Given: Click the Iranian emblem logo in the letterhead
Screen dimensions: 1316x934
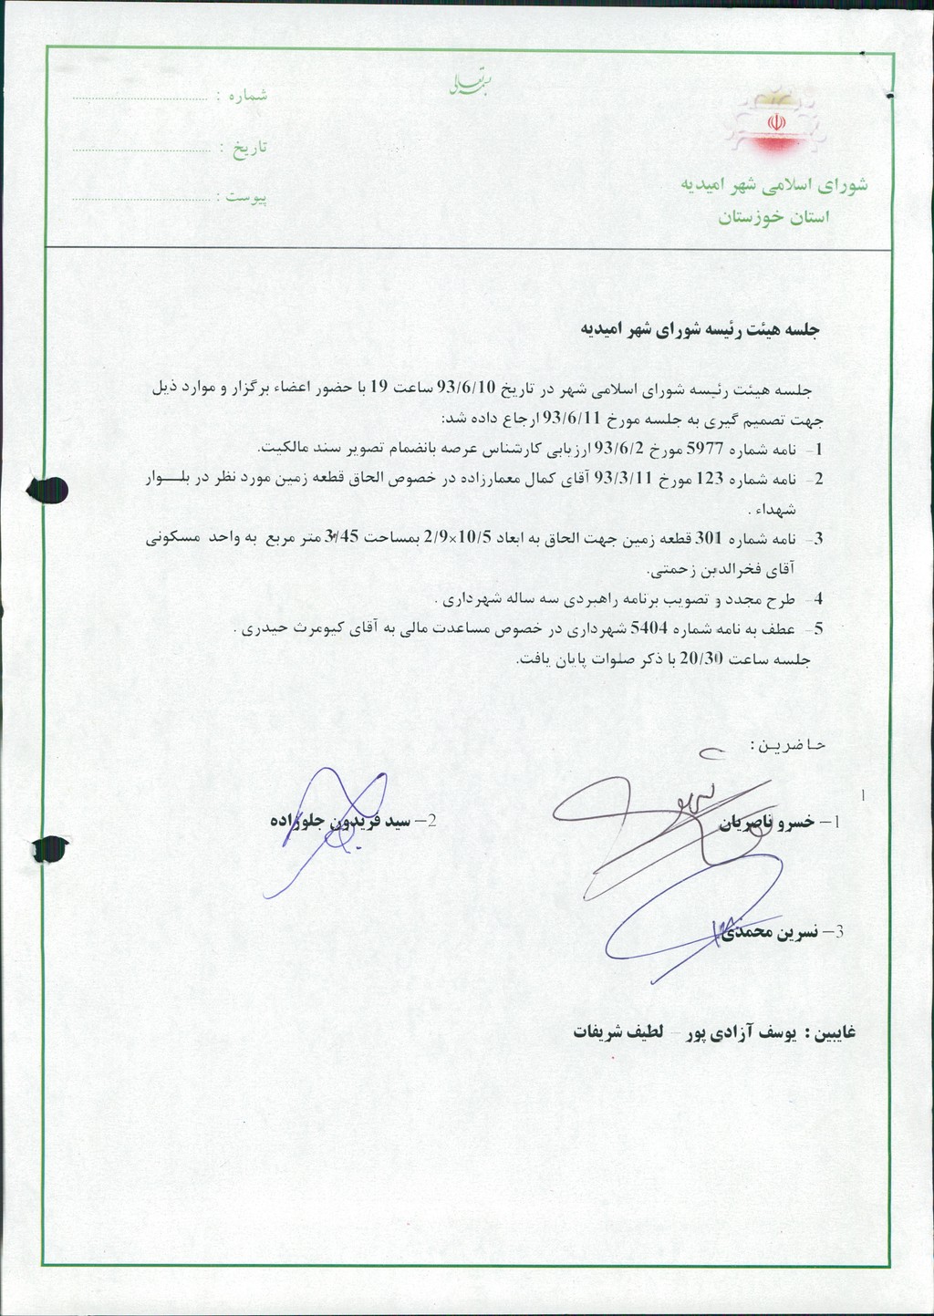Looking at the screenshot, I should point(776,124).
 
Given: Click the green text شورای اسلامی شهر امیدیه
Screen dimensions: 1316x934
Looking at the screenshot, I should point(773,184).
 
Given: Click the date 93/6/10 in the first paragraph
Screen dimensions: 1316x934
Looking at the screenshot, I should point(466,389).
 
